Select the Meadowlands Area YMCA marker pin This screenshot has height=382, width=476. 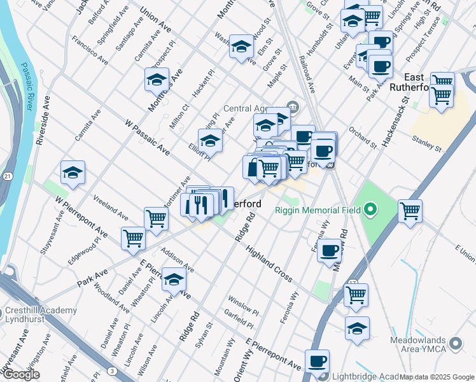coord(455,344)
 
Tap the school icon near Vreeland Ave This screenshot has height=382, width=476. coord(73,173)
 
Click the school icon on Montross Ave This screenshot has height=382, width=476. coord(157,80)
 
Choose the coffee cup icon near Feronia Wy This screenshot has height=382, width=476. coord(330,250)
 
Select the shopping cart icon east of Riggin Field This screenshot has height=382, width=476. coord(410,210)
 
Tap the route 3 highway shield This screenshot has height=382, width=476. coord(111,370)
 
